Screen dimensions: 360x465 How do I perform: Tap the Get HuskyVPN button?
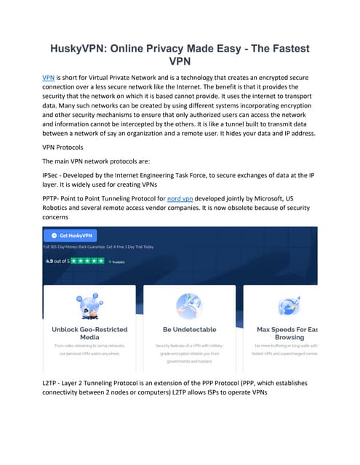(x=71, y=235)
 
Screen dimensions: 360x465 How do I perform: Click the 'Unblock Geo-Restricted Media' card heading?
(x=89, y=333)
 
